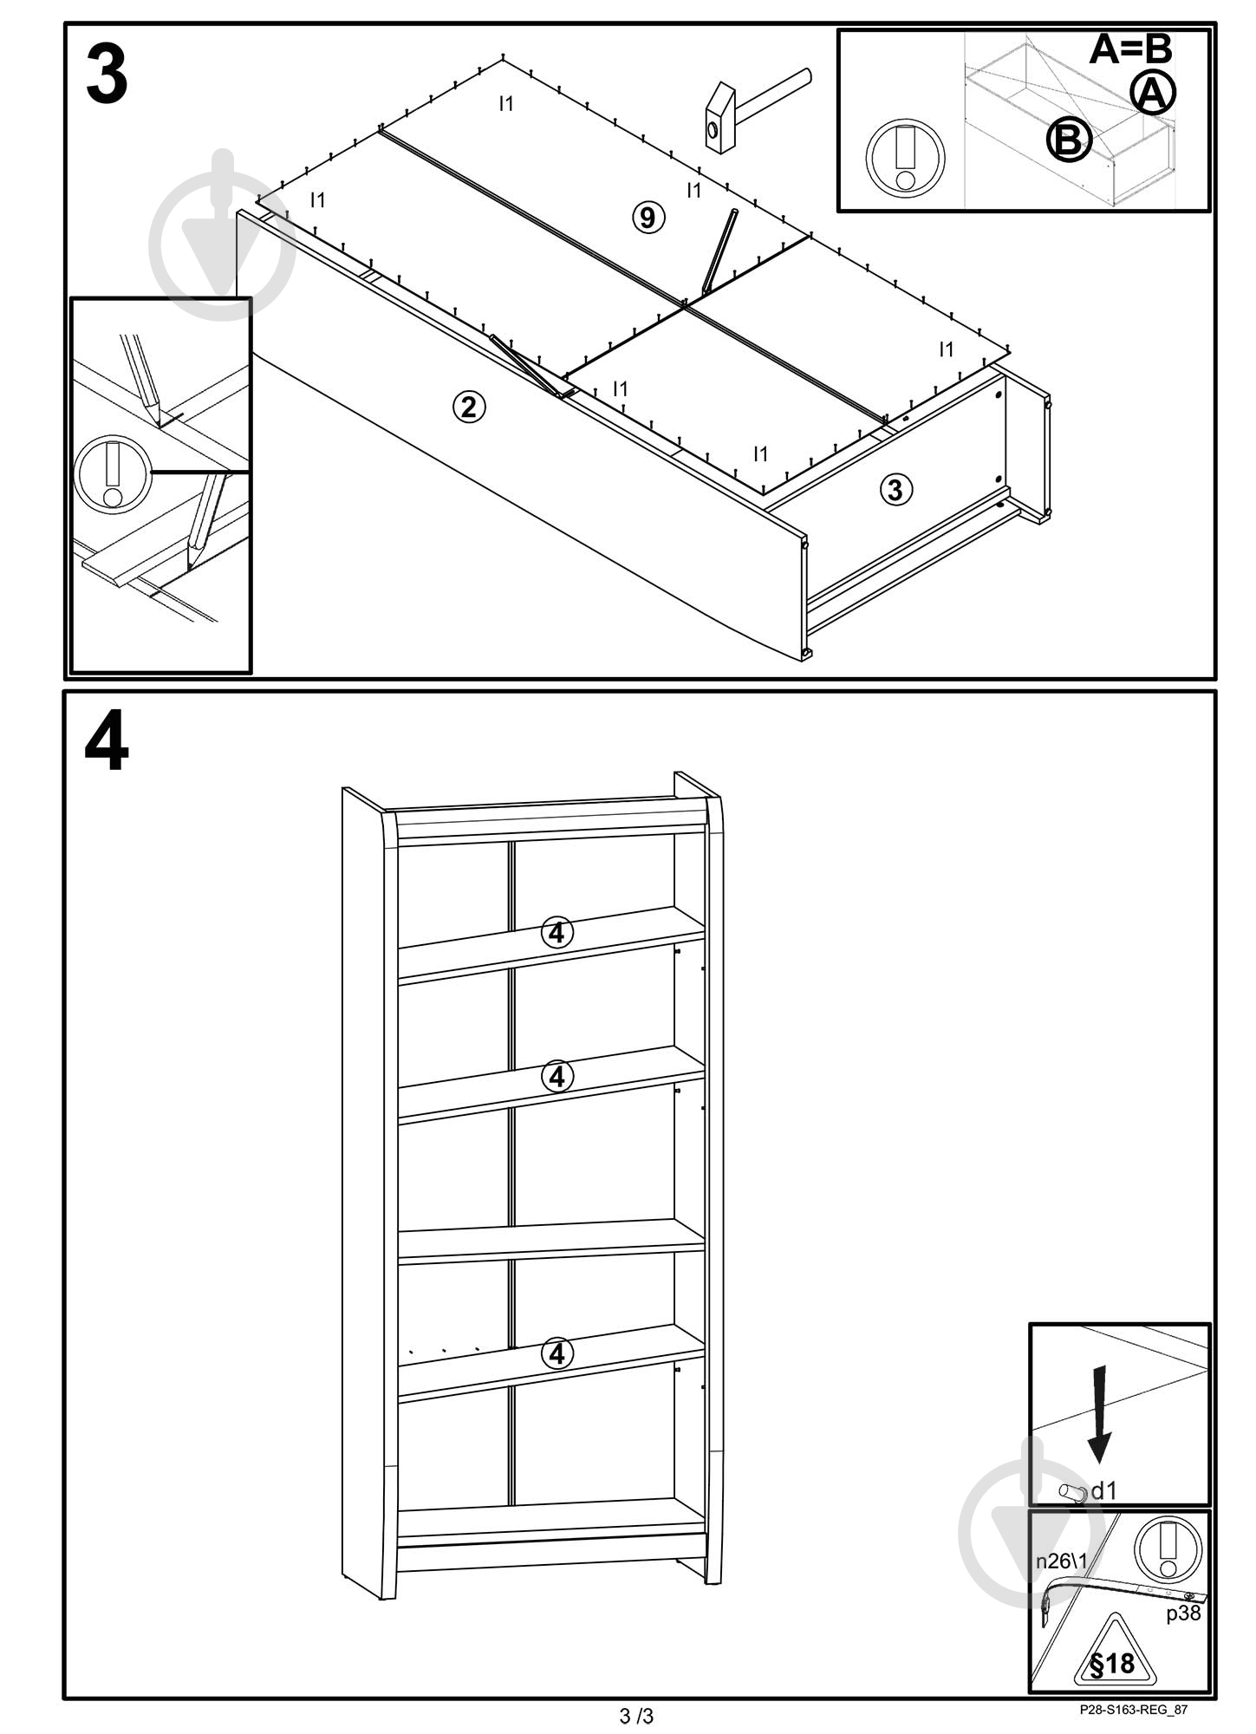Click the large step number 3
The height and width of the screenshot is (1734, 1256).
pyautogui.click(x=107, y=75)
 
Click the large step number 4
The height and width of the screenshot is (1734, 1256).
pyautogui.click(x=107, y=743)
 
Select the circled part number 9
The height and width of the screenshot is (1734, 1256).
pyautogui.click(x=648, y=217)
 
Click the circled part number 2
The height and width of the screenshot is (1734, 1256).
pyautogui.click(x=469, y=406)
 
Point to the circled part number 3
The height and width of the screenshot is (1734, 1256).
pyautogui.click(x=895, y=490)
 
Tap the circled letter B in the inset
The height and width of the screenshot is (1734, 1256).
pyautogui.click(x=1068, y=140)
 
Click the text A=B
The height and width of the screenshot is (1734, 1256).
pyautogui.click(x=1130, y=49)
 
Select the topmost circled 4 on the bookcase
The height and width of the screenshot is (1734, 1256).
pyautogui.click(x=556, y=933)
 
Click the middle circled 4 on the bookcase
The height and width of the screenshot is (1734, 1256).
pyautogui.click(x=556, y=1076)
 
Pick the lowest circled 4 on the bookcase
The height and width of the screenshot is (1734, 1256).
pyautogui.click(x=556, y=1353)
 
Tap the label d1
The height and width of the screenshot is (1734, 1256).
pyautogui.click(x=1103, y=1490)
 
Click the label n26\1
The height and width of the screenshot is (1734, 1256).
pyautogui.click(x=1061, y=1561)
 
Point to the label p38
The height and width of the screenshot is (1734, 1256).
pyautogui.click(x=1183, y=1613)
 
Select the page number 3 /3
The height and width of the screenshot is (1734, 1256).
pyautogui.click(x=636, y=1715)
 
